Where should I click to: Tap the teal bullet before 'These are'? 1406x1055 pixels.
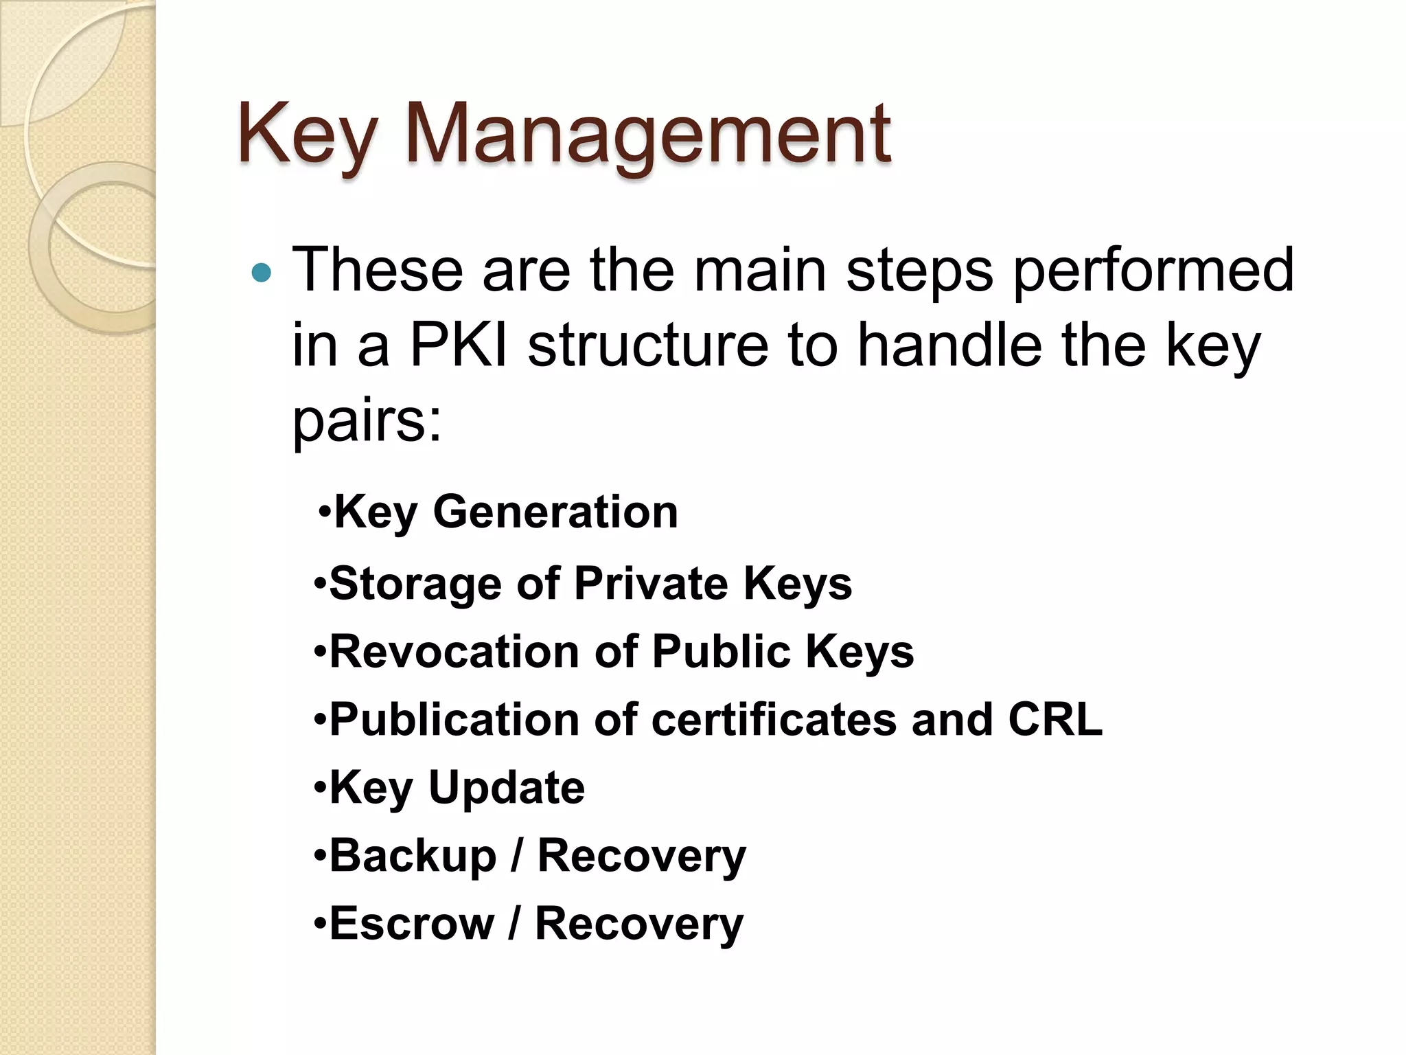(262, 273)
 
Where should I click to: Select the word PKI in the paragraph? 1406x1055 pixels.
(459, 345)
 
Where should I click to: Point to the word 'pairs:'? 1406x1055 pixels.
(367, 420)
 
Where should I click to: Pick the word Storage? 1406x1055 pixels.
(415, 585)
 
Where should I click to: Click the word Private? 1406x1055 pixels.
(650, 584)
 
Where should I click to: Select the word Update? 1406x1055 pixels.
(506, 788)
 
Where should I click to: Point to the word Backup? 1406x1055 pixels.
(413, 857)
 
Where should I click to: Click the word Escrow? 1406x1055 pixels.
(411, 924)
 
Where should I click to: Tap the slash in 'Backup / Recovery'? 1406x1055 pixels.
(516, 857)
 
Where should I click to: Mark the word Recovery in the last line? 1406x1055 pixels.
(638, 924)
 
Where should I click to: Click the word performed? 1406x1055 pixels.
(1153, 271)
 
